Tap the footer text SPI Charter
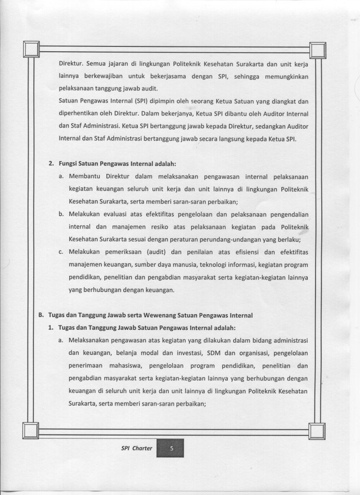pos(137,448)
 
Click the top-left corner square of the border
pos(31,49)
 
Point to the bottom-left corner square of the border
pos(30,429)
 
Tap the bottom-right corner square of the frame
pos(317,430)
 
